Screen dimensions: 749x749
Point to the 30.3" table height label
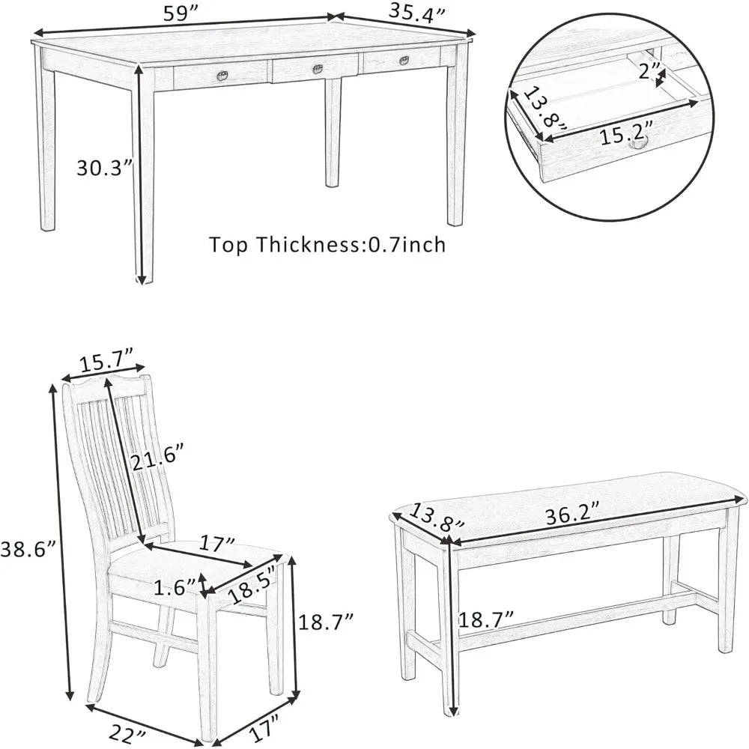[104, 169]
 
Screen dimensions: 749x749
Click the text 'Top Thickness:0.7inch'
[327, 245]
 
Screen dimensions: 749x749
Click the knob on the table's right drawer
[404, 61]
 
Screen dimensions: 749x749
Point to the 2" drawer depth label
[650, 72]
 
